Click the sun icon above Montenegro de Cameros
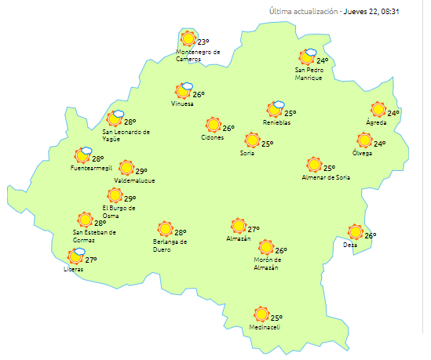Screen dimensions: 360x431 188,38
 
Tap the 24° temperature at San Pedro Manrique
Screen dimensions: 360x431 323,60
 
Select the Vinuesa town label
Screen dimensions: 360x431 182,104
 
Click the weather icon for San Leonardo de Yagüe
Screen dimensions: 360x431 115,119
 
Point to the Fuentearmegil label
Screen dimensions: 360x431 89,169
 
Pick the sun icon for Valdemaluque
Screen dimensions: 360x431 126,168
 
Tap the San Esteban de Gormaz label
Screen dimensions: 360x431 94,235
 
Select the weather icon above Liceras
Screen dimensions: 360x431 76,256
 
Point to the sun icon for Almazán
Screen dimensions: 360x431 239,226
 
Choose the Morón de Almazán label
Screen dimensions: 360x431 266,264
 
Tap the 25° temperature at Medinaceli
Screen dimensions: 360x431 276,318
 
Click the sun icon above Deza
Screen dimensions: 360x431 356,231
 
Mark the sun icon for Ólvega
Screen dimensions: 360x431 364,140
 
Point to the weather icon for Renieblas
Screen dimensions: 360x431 276,110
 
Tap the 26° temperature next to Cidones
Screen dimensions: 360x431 228,129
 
